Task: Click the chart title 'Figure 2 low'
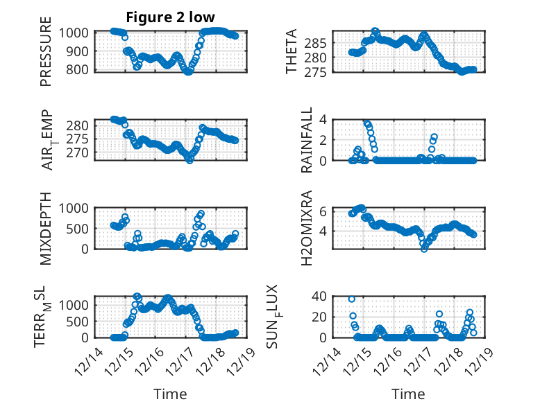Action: point(170,17)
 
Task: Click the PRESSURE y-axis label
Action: point(47,56)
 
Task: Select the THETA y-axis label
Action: point(292,51)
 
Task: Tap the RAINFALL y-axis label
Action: point(307,140)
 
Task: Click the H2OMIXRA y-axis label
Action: point(307,229)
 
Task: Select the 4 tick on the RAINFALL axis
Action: point(323,119)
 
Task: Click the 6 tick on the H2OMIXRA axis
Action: point(323,211)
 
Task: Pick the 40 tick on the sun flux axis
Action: point(319,296)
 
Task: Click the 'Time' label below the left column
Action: point(170,394)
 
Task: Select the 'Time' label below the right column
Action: point(408,394)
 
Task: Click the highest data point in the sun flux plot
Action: point(352,299)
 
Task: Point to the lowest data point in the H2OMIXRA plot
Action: point(423,248)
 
